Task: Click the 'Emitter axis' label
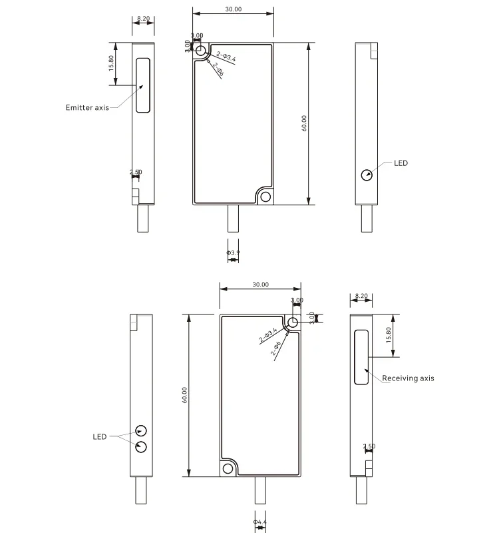pos(86,107)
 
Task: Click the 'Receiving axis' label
pos(408,378)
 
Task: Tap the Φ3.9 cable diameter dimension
pos(233,253)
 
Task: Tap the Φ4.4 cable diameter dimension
pos(260,521)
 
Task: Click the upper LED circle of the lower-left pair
pos(141,430)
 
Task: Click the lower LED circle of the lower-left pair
pos(141,446)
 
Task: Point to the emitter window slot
pos(142,85)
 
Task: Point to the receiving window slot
pos(361,356)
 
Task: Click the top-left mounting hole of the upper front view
pos(200,50)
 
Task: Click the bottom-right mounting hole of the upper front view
pos(266,197)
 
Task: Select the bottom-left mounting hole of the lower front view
pos(228,468)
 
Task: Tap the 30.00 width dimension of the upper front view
pos(233,10)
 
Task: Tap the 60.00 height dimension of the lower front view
pos(184,394)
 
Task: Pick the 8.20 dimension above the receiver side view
pos(362,295)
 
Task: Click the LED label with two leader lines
pos(100,437)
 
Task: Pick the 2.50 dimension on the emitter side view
pos(136,172)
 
